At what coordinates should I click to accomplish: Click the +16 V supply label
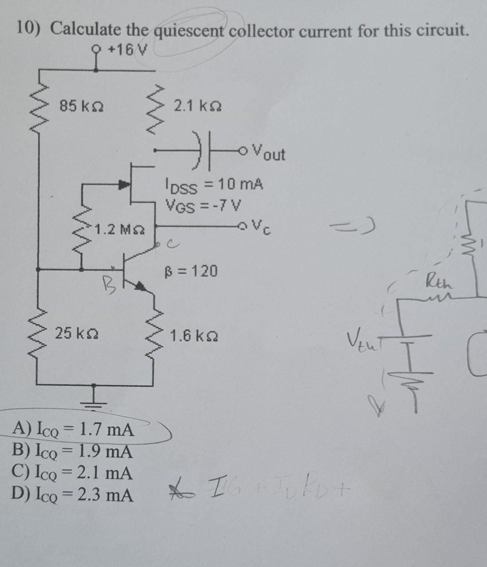point(128,50)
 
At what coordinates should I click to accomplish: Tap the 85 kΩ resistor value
point(82,107)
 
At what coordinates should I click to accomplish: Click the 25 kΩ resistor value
point(77,334)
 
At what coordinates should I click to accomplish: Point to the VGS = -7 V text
point(203,206)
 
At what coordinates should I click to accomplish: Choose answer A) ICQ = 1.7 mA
point(74,430)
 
